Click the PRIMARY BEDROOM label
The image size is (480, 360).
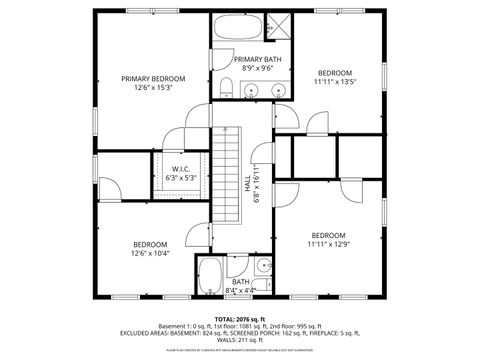(154, 78)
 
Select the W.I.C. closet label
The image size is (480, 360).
(180, 169)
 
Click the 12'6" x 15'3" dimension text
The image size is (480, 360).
(154, 88)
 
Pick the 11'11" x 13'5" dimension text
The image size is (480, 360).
(335, 82)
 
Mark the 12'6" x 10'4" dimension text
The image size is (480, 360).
(151, 253)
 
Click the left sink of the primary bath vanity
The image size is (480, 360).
(252, 92)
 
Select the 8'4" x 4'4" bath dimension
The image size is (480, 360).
(241, 291)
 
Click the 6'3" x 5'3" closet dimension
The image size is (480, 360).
(180, 178)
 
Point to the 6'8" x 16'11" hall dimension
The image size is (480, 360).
(257, 184)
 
